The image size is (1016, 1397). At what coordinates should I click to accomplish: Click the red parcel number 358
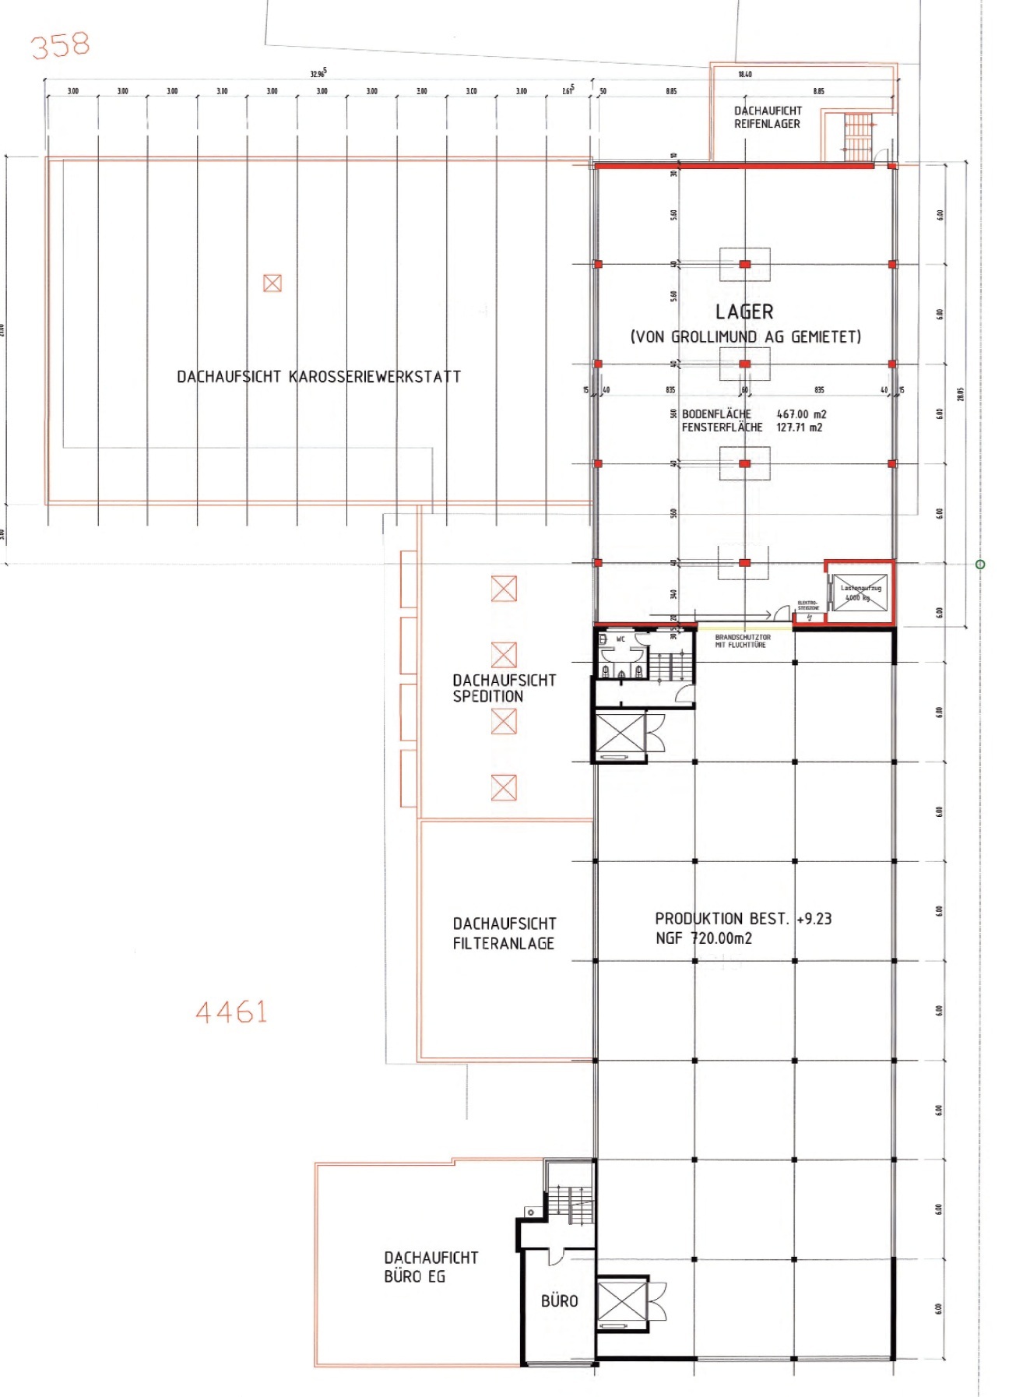coord(61,45)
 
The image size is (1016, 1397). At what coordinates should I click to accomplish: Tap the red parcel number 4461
coord(231,1012)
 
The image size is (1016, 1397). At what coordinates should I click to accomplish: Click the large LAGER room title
coord(744,312)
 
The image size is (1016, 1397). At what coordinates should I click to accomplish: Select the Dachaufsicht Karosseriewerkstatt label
coord(318,377)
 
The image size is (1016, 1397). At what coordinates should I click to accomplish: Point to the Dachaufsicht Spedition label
coord(504,688)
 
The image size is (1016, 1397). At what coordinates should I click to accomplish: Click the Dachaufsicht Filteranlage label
coord(504,933)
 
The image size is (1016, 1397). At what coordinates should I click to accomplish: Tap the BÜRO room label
coord(559,1300)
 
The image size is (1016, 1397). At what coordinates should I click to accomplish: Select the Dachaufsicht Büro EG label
coord(431,1266)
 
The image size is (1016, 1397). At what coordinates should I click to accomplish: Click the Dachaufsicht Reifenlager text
coord(767,117)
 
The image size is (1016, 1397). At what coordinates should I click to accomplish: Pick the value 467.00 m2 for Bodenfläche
coord(801,414)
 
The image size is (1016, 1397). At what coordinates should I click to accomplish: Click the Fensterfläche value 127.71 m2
coord(799,428)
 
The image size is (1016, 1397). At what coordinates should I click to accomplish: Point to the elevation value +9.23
coord(814,919)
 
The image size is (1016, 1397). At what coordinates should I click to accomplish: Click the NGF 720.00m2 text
coord(704,938)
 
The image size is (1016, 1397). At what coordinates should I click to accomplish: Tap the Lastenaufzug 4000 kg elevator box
coord(860,593)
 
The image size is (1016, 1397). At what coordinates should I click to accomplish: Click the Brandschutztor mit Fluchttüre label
coord(742,641)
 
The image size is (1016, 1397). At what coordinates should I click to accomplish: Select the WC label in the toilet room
coord(620,639)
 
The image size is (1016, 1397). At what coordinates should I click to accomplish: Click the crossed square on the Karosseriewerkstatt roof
coord(272,283)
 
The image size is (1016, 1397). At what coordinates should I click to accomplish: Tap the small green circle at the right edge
coord(980,564)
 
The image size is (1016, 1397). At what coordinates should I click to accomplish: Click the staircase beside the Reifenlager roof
coord(857,136)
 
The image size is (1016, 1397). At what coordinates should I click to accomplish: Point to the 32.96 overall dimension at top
coord(318,74)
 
